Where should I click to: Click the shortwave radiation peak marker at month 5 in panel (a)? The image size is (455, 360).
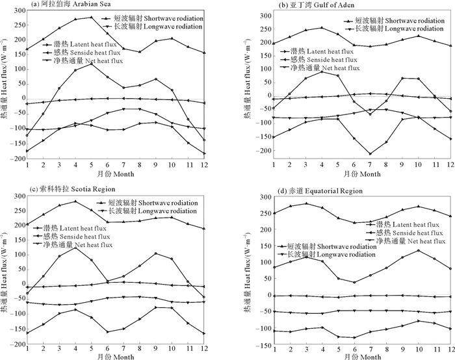coord(91,18)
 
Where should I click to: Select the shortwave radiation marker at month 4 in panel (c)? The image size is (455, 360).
coord(75,201)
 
